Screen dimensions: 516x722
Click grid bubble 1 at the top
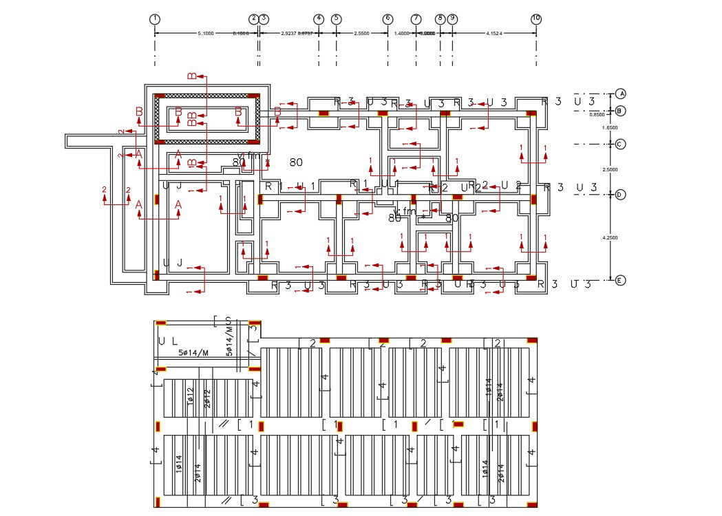tap(155, 19)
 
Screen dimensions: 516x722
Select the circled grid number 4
tap(319, 19)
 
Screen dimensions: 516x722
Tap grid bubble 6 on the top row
tap(387, 19)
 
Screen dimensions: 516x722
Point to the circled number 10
tap(536, 19)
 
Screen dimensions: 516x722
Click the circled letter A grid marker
tap(621, 94)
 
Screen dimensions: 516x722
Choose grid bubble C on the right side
tap(620, 144)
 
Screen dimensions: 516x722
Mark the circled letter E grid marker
tap(620, 280)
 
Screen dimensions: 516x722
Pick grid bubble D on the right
tap(620, 195)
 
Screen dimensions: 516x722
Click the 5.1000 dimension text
tap(205, 33)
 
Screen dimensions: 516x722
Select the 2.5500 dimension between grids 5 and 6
tap(362, 33)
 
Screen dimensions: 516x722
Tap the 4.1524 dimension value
tap(494, 33)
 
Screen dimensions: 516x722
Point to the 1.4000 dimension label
tap(402, 33)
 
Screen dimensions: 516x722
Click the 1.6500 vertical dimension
tap(610, 128)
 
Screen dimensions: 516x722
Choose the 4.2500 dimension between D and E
tap(610, 237)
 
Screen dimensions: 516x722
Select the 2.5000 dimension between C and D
tap(610, 169)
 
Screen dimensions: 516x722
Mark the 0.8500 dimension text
tap(597, 115)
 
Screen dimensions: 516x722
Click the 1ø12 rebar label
tap(191, 398)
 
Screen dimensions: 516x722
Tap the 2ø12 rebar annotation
tap(207, 399)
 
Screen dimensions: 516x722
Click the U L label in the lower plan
tap(167, 341)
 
